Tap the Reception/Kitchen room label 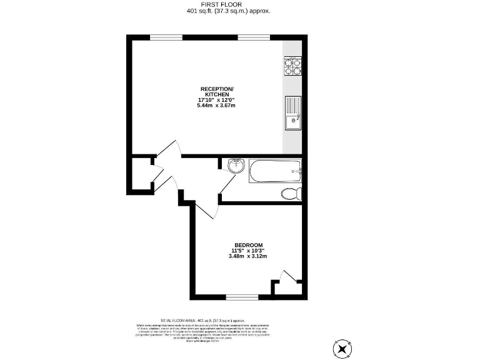tap(216, 91)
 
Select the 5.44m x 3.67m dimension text tap(216, 106)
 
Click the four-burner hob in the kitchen tap(292, 66)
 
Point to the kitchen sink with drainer tap(292, 113)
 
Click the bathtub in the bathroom tap(274, 171)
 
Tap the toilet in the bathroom tap(291, 193)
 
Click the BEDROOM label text tap(248, 245)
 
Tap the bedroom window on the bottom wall tap(242, 296)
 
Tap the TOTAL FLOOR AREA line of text tap(207, 319)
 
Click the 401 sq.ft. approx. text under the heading tap(229, 11)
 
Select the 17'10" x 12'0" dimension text tap(216, 99)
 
